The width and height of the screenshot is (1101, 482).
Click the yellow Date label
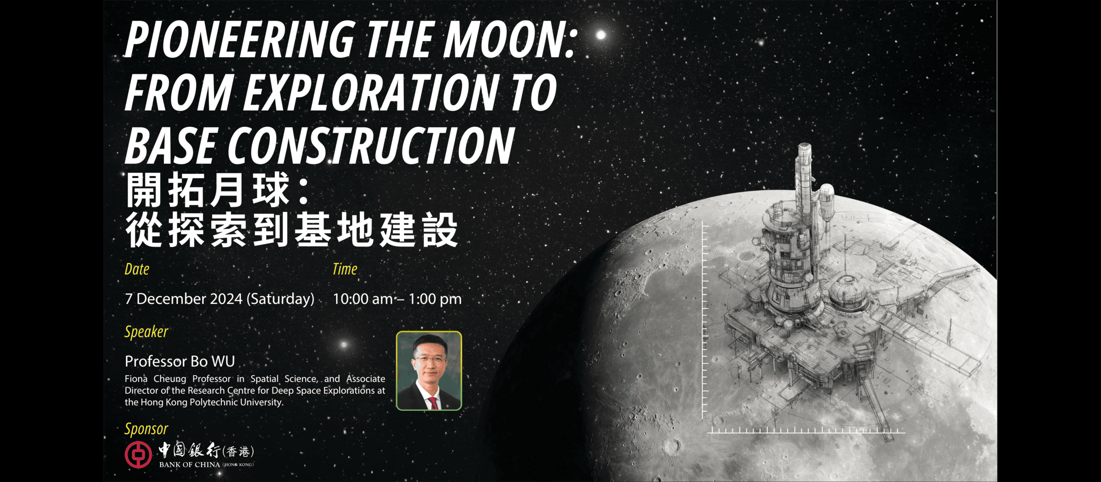[137, 269]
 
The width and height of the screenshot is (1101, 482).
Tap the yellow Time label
[345, 269]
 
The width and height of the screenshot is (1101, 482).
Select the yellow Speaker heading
[146, 332]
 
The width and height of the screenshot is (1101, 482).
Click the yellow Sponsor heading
[146, 429]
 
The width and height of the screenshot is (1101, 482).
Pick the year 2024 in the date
[226, 299]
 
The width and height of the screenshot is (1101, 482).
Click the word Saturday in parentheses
[281, 299]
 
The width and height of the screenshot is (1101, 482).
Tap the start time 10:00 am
[363, 299]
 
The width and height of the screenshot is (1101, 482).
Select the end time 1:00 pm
[435, 299]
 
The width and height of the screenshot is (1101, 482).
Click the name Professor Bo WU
[180, 361]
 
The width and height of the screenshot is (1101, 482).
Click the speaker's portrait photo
[429, 371]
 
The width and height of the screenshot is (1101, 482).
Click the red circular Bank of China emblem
[138, 455]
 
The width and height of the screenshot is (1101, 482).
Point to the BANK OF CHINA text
[190, 465]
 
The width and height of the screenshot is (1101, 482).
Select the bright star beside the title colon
[601, 35]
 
